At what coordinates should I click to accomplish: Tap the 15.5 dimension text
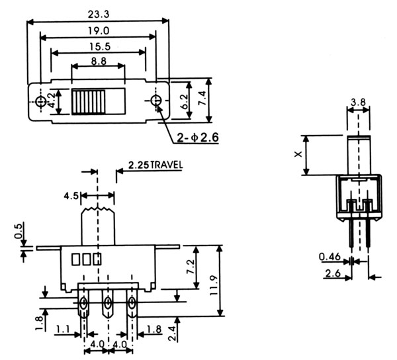coord(97,46)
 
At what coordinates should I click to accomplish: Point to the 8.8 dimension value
coord(97,61)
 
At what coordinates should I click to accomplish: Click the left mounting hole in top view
coord(41,101)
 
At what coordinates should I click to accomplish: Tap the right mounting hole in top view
coord(156,101)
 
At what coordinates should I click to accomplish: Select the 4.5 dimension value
coord(72,195)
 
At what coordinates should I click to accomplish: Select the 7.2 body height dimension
coord(190,267)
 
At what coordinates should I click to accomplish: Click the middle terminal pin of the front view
coord(107,306)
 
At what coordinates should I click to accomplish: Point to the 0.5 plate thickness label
coord(17,234)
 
